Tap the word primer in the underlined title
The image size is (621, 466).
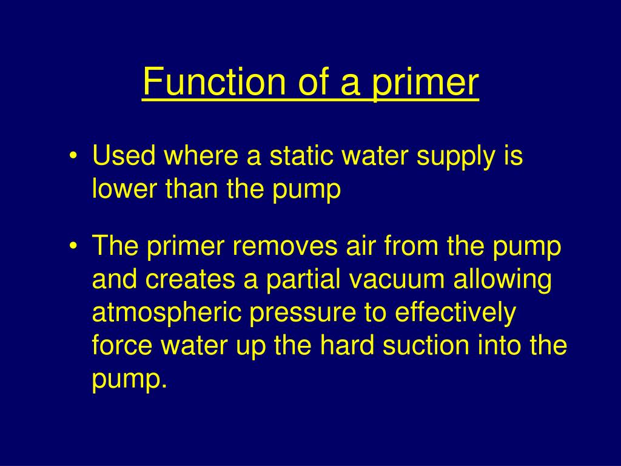pyautogui.click(x=425, y=83)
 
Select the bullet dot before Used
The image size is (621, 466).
pyautogui.click(x=73, y=157)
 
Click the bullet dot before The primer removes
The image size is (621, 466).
pyautogui.click(x=73, y=248)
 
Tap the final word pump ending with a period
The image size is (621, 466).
pyautogui.click(x=129, y=380)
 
